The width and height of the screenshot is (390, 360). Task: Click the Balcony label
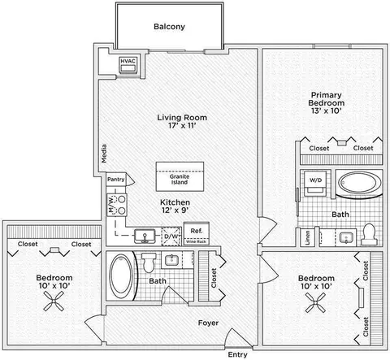click(169, 27)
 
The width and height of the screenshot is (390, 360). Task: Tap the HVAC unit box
click(128, 66)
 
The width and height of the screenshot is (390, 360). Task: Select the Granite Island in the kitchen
click(180, 176)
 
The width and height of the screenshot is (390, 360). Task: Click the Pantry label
click(116, 180)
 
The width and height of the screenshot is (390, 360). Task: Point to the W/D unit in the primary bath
click(315, 183)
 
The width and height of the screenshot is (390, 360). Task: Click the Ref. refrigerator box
click(197, 233)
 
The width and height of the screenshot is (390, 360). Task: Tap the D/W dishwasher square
click(171, 236)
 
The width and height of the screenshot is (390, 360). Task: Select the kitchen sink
click(145, 236)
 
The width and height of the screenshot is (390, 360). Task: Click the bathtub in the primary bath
click(359, 183)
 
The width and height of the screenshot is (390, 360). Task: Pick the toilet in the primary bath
click(369, 234)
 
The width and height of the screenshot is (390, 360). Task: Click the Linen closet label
click(307, 238)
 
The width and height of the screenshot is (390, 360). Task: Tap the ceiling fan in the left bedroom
click(54, 301)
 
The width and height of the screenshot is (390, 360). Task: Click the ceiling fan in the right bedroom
click(315, 303)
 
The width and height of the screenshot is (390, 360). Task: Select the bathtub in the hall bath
click(121, 276)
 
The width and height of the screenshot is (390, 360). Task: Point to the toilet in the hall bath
click(148, 262)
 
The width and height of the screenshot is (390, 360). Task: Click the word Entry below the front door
click(237, 354)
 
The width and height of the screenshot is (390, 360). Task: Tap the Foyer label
click(208, 323)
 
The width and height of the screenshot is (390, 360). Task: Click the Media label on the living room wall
click(104, 154)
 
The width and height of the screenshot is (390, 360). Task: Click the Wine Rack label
click(196, 241)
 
